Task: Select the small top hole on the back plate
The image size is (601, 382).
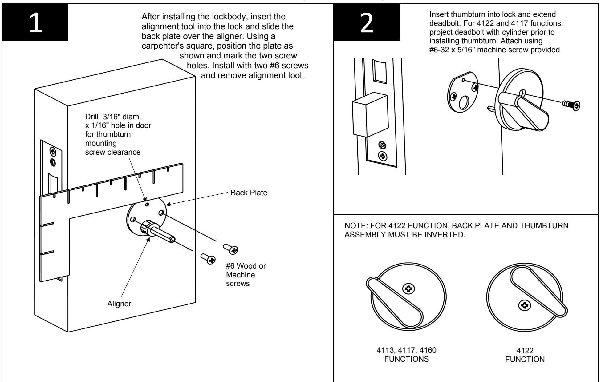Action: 147,205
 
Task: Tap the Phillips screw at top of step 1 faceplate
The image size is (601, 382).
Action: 53,151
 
